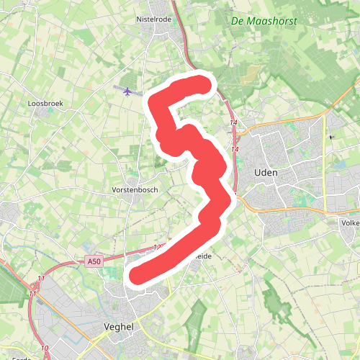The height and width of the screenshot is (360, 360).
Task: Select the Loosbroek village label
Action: [x=45, y=104]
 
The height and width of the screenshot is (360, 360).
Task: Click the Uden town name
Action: [x=266, y=173]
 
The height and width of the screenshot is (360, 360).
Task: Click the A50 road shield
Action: [x=94, y=261]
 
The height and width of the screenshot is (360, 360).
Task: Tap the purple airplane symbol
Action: [x=128, y=91]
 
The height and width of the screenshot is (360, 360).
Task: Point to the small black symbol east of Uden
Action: [x=332, y=136]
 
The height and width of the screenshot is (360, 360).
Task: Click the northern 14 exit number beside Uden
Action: [x=233, y=124]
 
